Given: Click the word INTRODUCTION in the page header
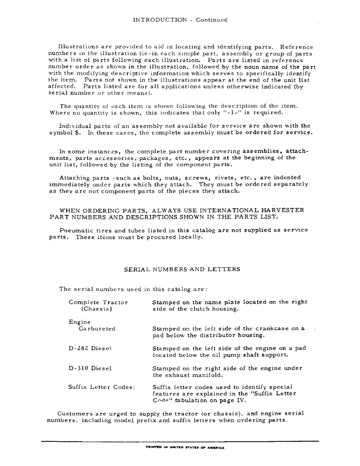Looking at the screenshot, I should coord(159,20).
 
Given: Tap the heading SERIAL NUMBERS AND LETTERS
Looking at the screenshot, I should coord(182,269).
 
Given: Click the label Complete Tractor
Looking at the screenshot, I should coord(98,302).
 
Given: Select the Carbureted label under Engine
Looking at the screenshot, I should coord(97,329).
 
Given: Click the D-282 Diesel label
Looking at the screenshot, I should coord(91,348).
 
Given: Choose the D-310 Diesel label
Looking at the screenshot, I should coord(90,368).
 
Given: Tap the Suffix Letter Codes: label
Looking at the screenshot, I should coord(102,387).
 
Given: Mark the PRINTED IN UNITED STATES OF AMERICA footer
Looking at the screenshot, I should coord(185,448).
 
